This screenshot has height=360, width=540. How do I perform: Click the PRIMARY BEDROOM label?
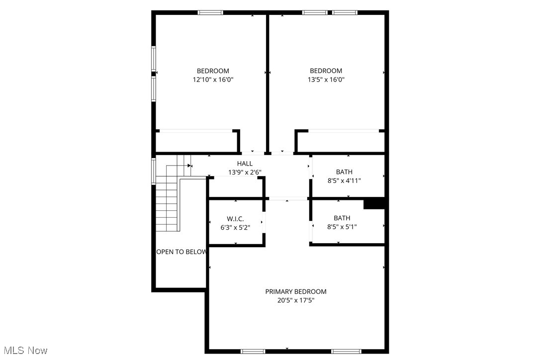pyautogui.click(x=295, y=291)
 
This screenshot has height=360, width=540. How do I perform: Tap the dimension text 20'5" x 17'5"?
pyautogui.click(x=295, y=300)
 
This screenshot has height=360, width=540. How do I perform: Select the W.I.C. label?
pyautogui.click(x=235, y=219)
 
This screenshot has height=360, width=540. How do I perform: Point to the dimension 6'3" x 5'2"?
pyautogui.click(x=235, y=227)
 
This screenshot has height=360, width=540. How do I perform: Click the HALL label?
pyautogui.click(x=245, y=164)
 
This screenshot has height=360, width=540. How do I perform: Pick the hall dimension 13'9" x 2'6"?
pyautogui.click(x=245, y=172)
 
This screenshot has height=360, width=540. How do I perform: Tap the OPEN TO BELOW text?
pyautogui.click(x=181, y=252)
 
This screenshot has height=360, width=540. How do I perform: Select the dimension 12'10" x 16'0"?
pyautogui.click(x=213, y=79)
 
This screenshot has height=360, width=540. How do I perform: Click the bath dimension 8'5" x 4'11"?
pyautogui.click(x=344, y=180)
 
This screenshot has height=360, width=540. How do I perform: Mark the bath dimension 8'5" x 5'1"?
pyautogui.click(x=342, y=227)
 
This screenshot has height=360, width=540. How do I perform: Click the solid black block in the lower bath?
pyautogui.click(x=374, y=204)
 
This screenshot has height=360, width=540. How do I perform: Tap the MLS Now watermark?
pyautogui.click(x=24, y=351)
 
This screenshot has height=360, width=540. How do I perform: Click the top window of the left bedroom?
pyautogui.click(x=210, y=12)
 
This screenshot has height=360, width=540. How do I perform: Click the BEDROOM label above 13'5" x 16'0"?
pyautogui.click(x=326, y=71)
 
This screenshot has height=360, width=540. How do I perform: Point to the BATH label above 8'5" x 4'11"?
pyautogui.click(x=344, y=172)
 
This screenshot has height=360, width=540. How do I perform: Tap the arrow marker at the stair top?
pyautogui.click(x=189, y=166)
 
